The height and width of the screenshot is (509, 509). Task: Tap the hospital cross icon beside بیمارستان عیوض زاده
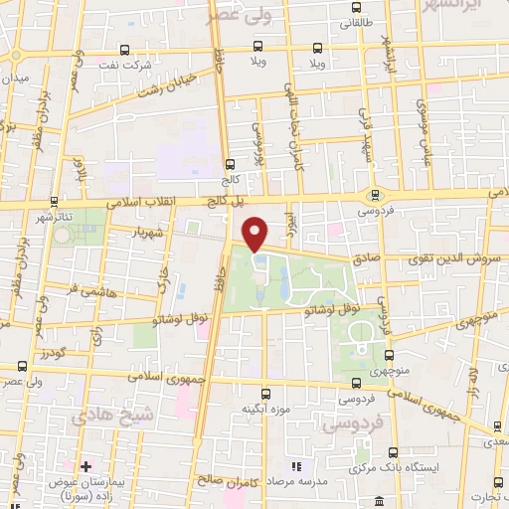click(x=86, y=466)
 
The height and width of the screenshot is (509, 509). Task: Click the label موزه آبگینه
click(x=265, y=408)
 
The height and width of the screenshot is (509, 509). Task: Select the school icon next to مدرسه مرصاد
click(x=295, y=466)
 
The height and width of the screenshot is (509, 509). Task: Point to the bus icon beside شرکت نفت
click(x=123, y=49)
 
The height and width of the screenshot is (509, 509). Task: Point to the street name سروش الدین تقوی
click(x=452, y=257)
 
